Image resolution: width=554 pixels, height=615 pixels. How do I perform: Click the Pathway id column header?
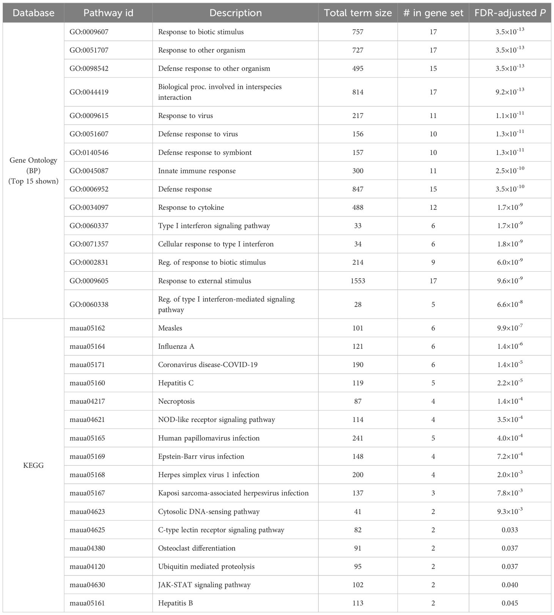coord(108,13)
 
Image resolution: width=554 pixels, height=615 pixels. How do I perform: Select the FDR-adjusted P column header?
coord(510,13)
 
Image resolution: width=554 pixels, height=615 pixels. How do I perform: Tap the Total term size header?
coord(357,13)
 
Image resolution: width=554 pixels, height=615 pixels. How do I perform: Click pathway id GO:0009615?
coord(89,116)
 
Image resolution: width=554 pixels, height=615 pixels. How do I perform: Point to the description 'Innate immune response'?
coord(197,171)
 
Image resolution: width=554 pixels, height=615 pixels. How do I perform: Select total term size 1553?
coord(357,281)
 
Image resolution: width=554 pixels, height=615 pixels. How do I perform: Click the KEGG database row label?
coord(33,466)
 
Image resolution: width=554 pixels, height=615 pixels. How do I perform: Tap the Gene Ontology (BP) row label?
coord(33,170)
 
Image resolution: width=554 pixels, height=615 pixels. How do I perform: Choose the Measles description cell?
coord(170,328)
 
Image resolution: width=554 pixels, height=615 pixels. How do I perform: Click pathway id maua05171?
coord(87,365)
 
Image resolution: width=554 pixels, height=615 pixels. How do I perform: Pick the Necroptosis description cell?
coord(176,401)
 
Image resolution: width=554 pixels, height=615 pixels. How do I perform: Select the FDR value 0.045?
coord(510,603)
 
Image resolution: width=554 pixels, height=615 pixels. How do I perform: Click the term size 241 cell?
coord(357,438)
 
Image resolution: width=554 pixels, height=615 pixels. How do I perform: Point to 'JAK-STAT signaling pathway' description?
coord(204,585)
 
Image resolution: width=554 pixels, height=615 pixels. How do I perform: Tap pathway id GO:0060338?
coord(89,304)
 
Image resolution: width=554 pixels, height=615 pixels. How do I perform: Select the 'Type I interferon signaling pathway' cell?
coord(214,226)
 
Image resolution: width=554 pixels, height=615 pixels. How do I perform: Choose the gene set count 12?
coord(433,208)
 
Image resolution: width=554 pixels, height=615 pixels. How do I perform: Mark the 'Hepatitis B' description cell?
coord(175,603)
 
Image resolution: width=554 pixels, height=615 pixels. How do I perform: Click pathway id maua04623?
coord(87,511)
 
